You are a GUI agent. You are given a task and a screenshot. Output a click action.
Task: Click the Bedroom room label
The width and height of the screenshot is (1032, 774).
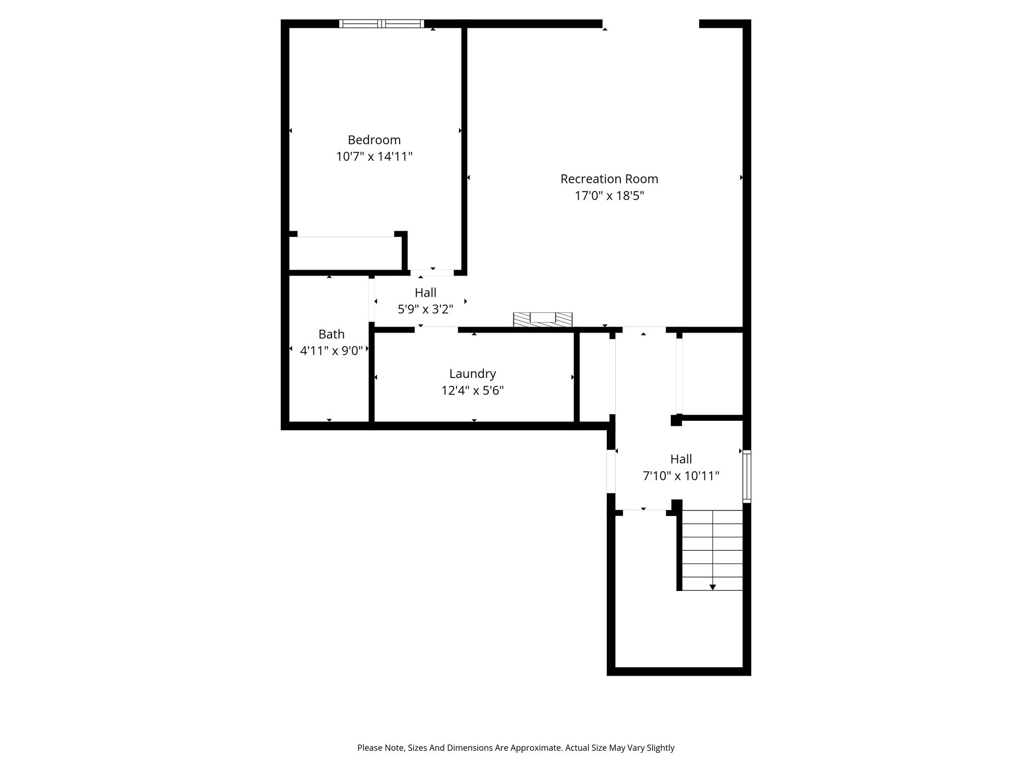click(x=374, y=140)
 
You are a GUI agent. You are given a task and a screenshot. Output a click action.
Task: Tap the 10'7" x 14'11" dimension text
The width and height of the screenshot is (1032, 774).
click(x=374, y=156)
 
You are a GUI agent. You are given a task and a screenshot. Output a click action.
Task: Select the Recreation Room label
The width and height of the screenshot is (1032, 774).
click(x=609, y=179)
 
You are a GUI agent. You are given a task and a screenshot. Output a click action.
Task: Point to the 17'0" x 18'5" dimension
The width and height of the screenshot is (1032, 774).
click(x=610, y=196)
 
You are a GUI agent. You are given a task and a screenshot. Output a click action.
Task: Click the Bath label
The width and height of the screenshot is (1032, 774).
click(x=332, y=334)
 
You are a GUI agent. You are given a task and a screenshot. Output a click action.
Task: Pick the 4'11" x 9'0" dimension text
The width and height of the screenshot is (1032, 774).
click(x=332, y=351)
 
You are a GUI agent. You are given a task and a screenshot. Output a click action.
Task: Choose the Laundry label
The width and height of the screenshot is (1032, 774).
click(x=473, y=374)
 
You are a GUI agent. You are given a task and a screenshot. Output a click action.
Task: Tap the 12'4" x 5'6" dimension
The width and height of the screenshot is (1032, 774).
click(x=473, y=391)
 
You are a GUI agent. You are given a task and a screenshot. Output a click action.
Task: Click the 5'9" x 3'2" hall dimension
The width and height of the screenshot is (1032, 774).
click(x=426, y=309)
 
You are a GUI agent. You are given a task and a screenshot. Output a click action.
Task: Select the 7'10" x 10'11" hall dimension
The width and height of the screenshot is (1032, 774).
click(x=681, y=476)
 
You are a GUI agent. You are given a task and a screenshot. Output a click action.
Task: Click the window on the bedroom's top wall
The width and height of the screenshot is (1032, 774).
click(x=381, y=23)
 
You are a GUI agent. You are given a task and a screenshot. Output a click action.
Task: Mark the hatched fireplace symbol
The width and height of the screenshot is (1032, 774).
click(x=543, y=319)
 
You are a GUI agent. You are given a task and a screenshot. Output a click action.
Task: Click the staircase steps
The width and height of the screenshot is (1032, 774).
click(x=713, y=550)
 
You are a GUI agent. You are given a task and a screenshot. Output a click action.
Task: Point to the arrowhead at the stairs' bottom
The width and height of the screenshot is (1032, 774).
click(x=713, y=587)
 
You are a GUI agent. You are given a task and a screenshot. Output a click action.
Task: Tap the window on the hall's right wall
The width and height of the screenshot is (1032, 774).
click(x=747, y=476)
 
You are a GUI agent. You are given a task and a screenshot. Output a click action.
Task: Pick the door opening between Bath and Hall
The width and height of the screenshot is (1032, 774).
click(x=372, y=300)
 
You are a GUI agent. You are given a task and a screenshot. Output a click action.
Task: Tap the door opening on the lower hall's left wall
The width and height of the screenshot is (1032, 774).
click(x=611, y=471)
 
